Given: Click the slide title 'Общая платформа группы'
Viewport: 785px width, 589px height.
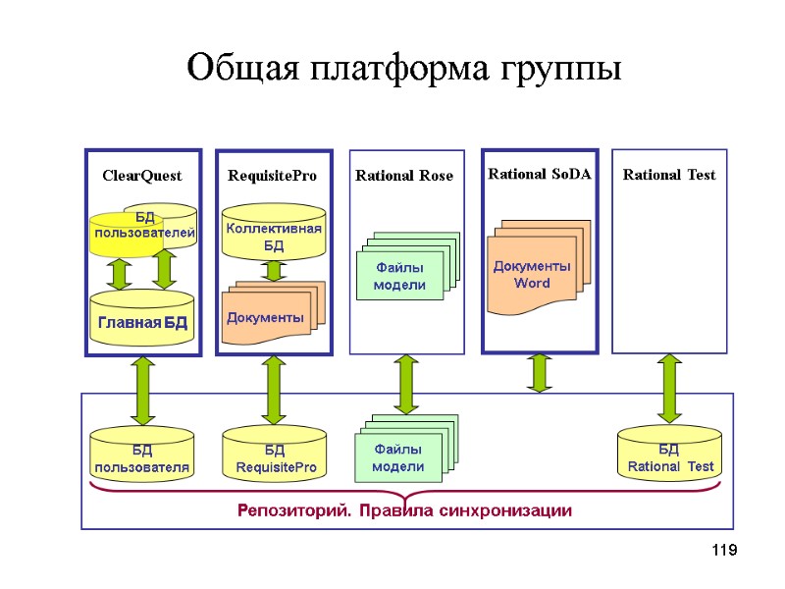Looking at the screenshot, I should click(x=403, y=69).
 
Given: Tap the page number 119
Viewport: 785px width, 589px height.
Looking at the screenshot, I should click(x=722, y=552).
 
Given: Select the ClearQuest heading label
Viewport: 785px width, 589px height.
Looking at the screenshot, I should click(x=142, y=176).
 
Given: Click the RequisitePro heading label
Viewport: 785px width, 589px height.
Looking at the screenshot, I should click(x=272, y=176).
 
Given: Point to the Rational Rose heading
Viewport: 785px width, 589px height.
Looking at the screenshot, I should click(x=404, y=176).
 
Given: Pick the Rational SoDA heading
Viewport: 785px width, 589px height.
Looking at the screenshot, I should click(x=540, y=174).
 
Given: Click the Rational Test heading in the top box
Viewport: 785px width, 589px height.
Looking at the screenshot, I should click(x=669, y=175).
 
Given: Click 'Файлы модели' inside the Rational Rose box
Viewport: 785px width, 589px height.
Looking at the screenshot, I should click(x=399, y=275).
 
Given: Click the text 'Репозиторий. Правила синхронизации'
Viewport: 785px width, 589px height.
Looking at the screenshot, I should click(x=404, y=510).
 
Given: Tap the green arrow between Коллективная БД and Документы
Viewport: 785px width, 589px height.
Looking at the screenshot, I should click(x=274, y=270).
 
